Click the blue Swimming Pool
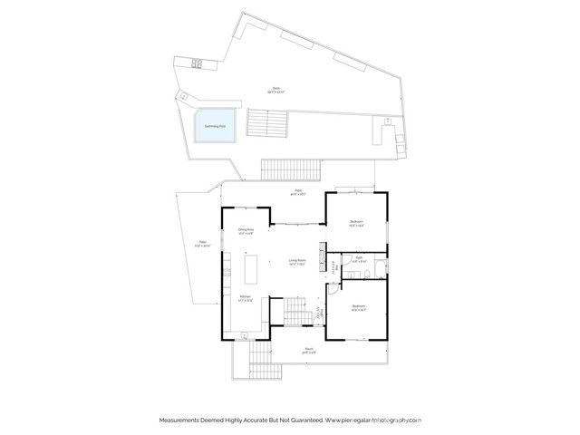pos(213,125)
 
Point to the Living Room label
pos(295,262)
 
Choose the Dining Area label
pos(246,232)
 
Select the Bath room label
pos(359,260)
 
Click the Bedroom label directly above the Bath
pos(357,223)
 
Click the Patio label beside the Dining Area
pos(203,243)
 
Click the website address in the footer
pos(373,420)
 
